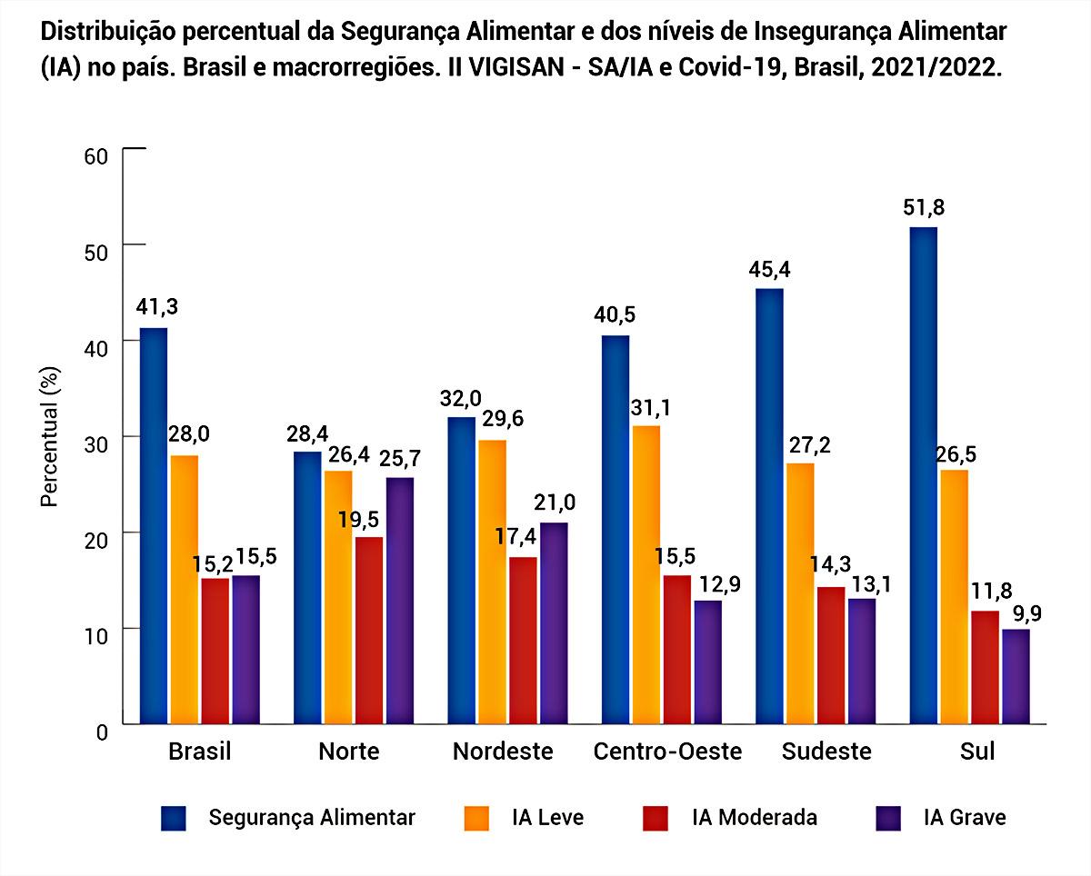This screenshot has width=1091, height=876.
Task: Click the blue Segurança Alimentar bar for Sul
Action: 923,475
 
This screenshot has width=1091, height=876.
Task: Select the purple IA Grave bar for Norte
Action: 399,601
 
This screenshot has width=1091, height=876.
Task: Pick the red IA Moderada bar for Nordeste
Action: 523,641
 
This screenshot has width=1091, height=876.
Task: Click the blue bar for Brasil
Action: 154,526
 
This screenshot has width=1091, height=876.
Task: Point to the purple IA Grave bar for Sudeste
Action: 862,662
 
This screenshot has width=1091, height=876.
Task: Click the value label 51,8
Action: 924,208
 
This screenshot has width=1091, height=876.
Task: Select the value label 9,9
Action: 1027,613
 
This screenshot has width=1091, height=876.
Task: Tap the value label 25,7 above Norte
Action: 399,459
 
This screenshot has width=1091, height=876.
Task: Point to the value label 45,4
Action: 769,270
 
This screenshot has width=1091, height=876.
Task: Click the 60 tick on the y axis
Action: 95,156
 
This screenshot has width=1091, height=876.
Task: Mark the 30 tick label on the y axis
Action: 95,445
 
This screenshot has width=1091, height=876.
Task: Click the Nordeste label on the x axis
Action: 503,751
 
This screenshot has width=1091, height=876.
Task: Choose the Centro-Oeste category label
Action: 667,751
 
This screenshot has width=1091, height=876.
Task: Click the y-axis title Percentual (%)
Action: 50,437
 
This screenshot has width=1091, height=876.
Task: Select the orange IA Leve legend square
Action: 476,818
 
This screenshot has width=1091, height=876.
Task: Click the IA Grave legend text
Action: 965,818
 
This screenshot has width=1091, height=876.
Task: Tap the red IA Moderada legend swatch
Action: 655,818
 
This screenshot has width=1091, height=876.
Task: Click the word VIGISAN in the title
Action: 516,67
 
